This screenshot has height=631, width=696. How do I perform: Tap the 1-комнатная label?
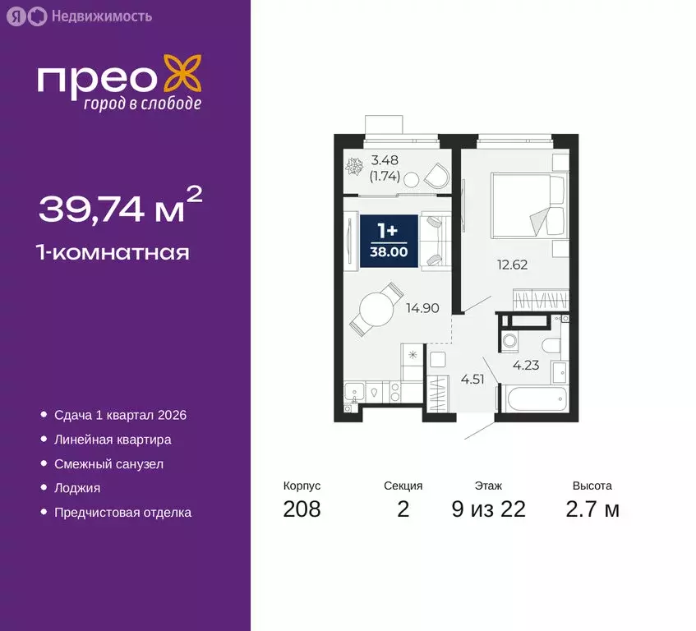(114, 251)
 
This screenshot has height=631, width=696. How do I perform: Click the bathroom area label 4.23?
(526, 366)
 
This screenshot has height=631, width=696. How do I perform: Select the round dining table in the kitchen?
(375, 311)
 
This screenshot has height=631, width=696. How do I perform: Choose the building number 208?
(302, 509)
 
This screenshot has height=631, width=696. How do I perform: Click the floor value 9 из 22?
(488, 509)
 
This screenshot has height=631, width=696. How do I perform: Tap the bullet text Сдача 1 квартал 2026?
(120, 415)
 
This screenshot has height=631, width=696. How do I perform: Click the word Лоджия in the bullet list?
(77, 487)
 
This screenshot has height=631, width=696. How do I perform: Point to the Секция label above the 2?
(403, 486)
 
